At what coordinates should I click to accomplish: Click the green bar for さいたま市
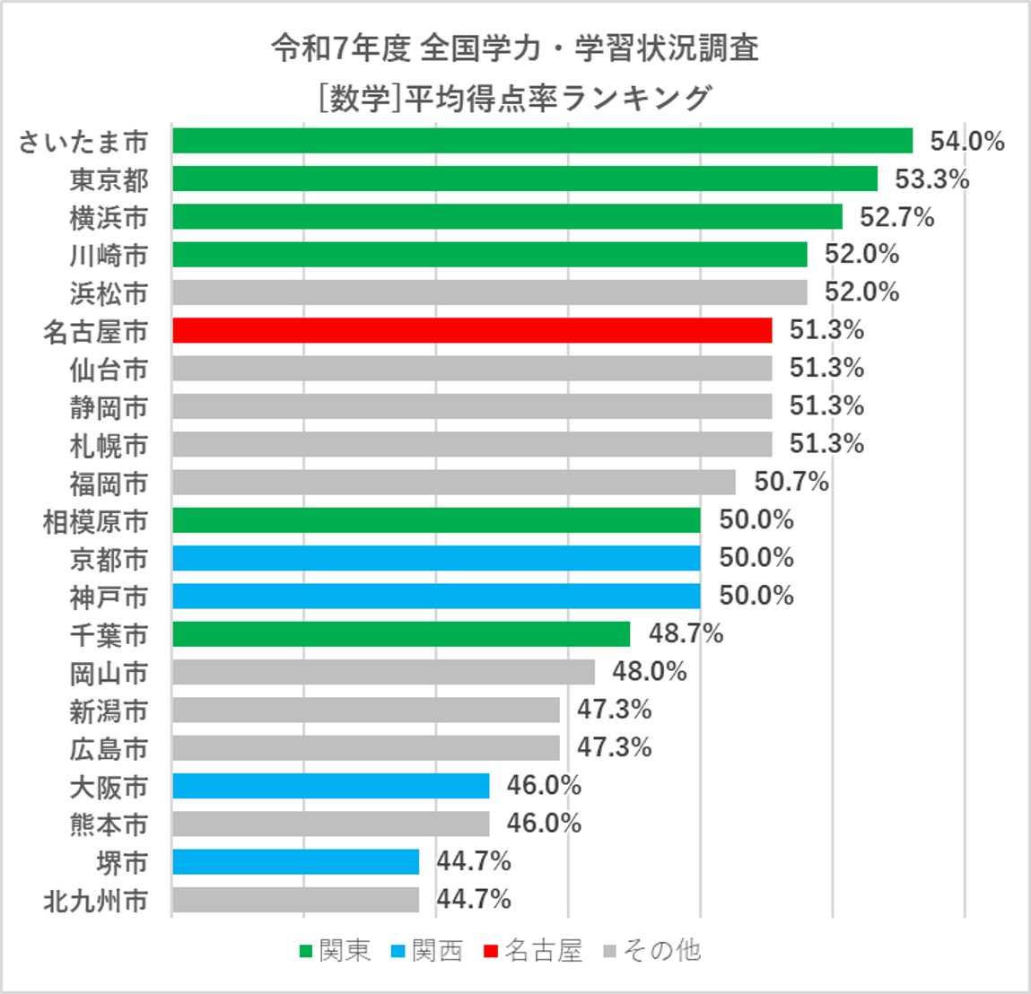pyautogui.click(x=542, y=141)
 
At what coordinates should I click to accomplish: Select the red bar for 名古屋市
pyautogui.click(x=472, y=330)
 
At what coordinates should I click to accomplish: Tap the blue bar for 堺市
pyautogui.click(x=295, y=861)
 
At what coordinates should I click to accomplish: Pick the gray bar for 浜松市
pyautogui.click(x=489, y=292)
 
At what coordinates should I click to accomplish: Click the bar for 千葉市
pyautogui.click(x=401, y=634)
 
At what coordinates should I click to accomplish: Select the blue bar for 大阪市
pyautogui.click(x=330, y=786)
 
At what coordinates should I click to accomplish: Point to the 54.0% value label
pyautogui.click(x=966, y=141)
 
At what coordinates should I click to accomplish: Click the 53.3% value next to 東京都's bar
pyautogui.click(x=931, y=179)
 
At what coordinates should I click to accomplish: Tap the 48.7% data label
pyautogui.click(x=686, y=633)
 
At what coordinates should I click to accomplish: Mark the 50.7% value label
pyautogui.click(x=791, y=482)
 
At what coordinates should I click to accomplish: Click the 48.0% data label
pyautogui.click(x=649, y=671)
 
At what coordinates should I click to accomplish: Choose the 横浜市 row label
pyautogui.click(x=109, y=218)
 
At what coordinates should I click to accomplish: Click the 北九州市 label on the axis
pyautogui.click(x=95, y=901)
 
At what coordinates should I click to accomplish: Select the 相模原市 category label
pyautogui.click(x=95, y=521)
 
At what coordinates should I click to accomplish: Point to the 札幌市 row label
pyautogui.click(x=109, y=445)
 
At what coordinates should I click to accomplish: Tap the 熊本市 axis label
pyautogui.click(x=109, y=824)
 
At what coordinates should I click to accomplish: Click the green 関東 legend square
pyautogui.click(x=306, y=951)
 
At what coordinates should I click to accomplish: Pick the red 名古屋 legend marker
pyautogui.click(x=490, y=951)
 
